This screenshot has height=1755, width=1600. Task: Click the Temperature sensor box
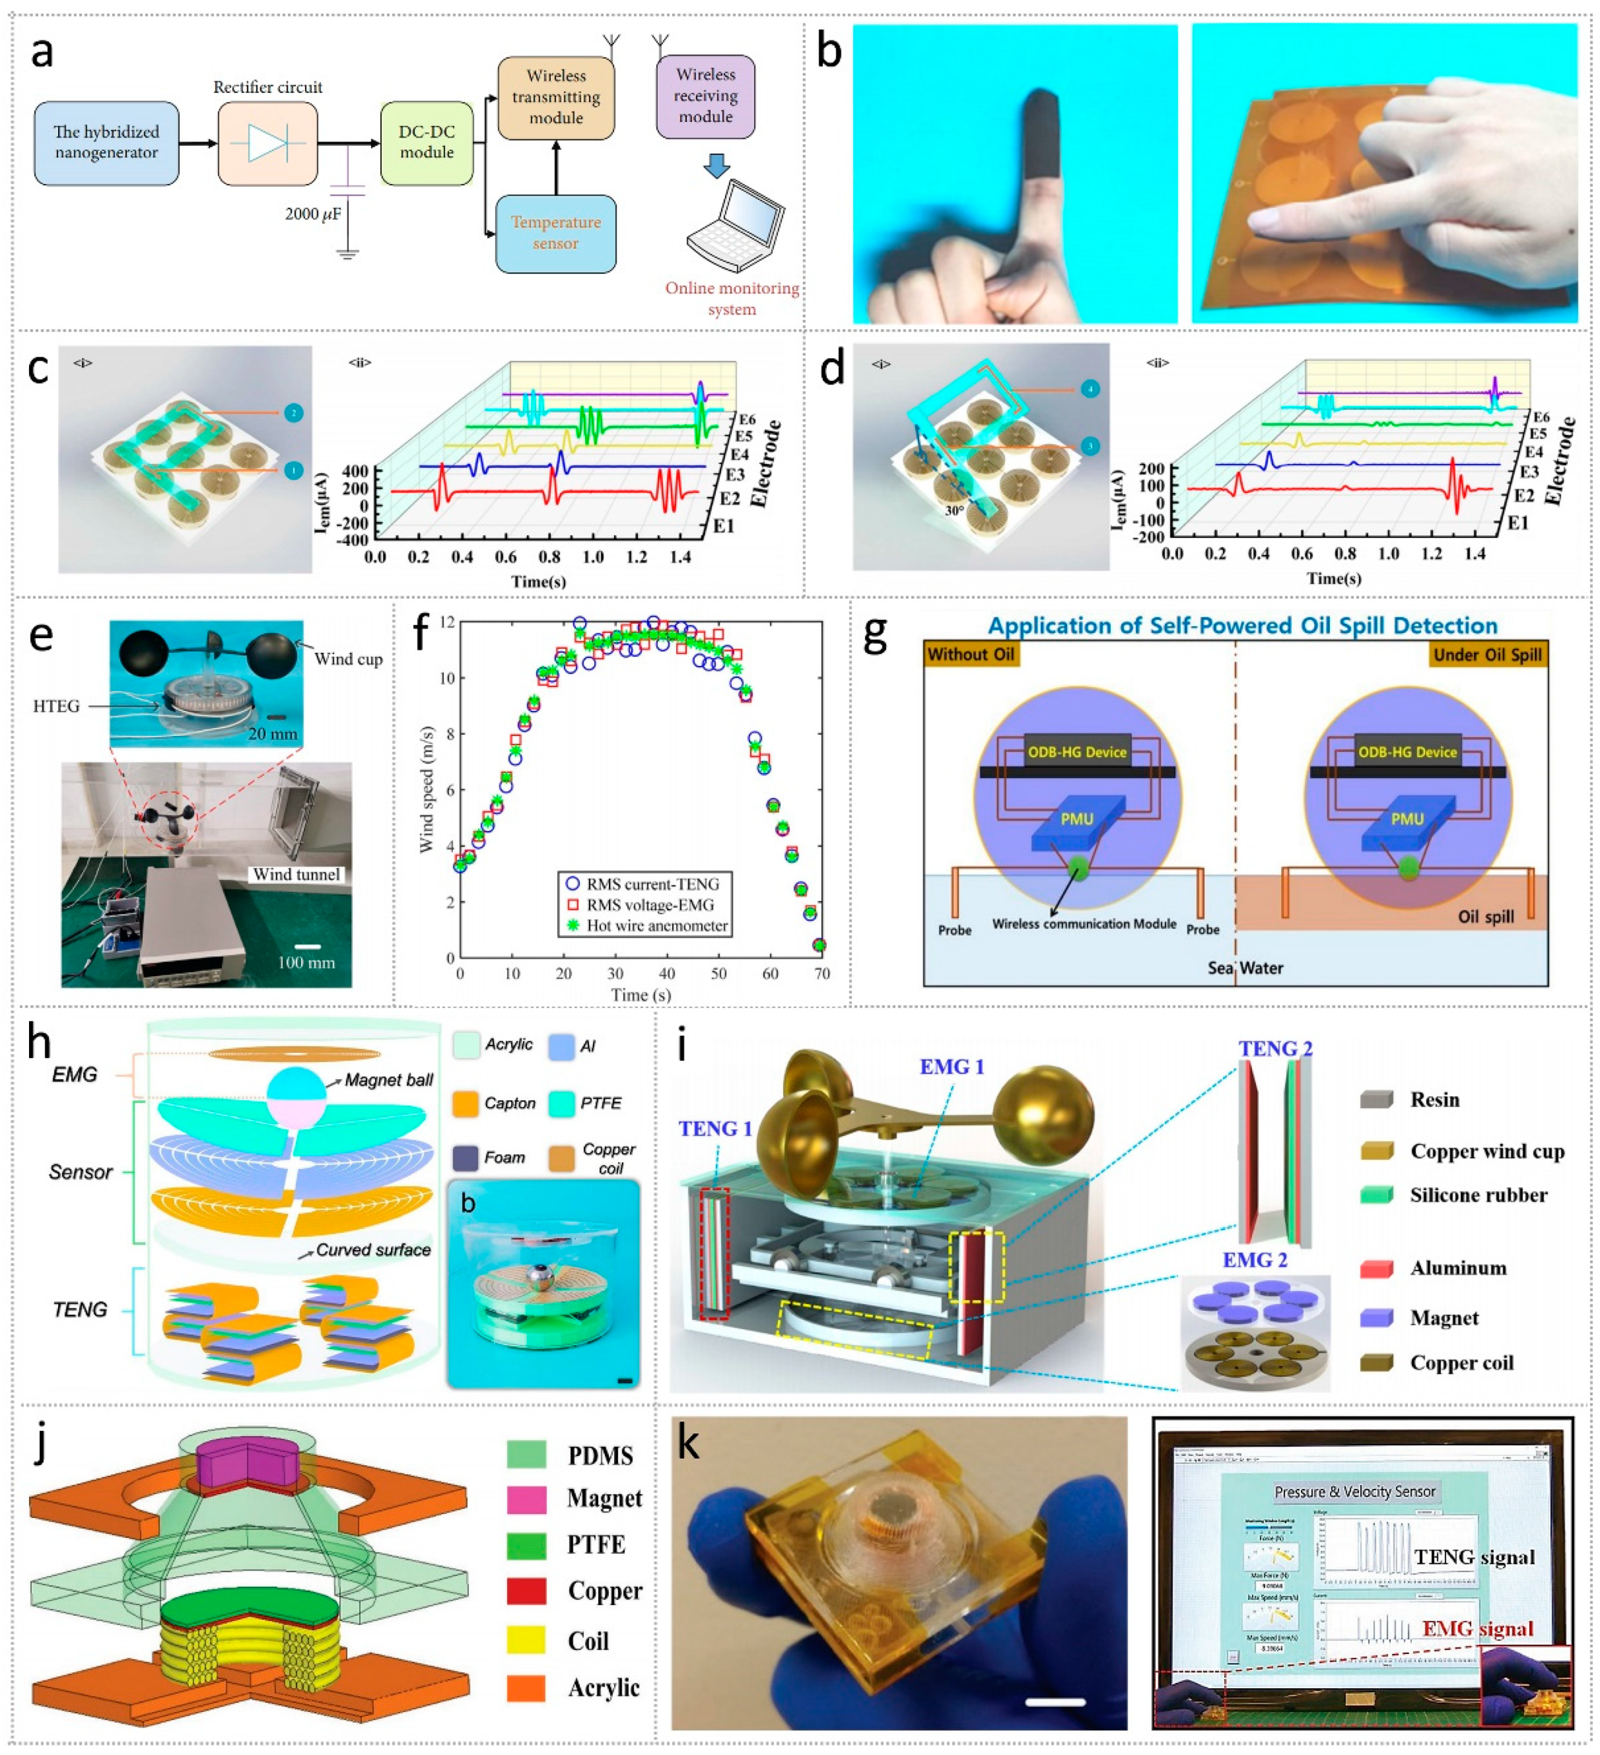(x=556, y=233)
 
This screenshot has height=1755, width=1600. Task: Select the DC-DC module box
(x=426, y=142)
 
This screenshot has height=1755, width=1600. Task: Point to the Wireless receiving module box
(x=705, y=96)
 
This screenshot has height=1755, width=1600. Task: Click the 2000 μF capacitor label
(x=314, y=214)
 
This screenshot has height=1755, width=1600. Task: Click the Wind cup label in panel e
(x=348, y=659)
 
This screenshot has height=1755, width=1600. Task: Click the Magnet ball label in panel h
(x=388, y=1080)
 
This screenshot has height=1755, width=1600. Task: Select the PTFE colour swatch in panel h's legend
(x=563, y=1103)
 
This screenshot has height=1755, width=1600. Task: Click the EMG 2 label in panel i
(x=1254, y=1260)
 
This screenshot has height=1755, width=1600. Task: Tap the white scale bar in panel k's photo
(x=1055, y=1702)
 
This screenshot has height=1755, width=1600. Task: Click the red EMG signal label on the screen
(x=1477, y=1628)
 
